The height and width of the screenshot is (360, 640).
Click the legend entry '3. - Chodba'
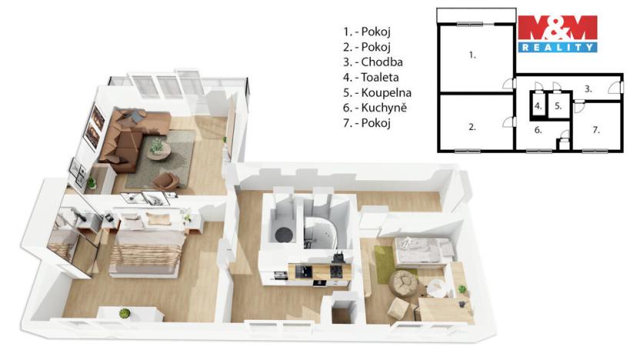coord(373,62)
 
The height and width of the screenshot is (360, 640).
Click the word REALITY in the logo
coord(558,47)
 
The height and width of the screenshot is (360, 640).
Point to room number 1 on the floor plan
coord(472,55)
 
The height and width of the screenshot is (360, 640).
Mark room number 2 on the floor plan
coord(472,127)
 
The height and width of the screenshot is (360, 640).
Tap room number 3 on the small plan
coord(588,89)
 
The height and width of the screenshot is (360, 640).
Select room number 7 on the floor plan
coord(595,130)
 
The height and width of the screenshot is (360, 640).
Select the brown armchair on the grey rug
coord(166,181)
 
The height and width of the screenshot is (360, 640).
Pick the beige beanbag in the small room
coord(405,284)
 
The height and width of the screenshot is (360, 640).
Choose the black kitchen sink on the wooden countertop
coord(304,270)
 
